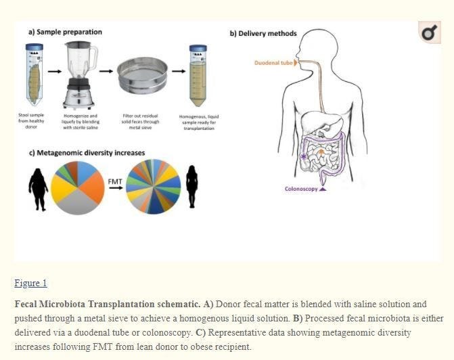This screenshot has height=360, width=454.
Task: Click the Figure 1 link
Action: coord(30,283)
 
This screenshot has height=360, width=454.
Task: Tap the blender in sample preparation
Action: coord(80,74)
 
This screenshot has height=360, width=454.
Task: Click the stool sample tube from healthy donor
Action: coord(34,75)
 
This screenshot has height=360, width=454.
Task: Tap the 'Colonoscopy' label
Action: coord(301,189)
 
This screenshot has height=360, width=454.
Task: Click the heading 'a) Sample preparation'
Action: coord(65,32)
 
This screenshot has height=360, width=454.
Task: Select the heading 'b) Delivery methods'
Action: coord(263,34)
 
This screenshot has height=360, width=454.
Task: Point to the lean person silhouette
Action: coord(191,186)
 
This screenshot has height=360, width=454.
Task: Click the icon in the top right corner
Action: coord(429,32)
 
